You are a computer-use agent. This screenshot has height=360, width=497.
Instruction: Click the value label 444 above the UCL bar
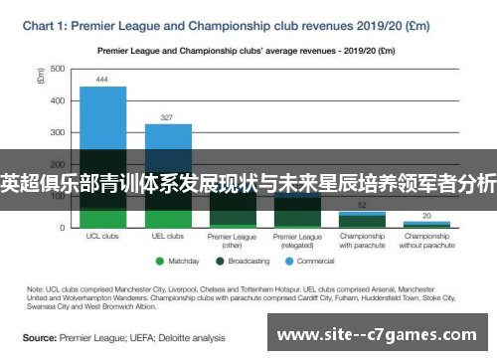[102, 79]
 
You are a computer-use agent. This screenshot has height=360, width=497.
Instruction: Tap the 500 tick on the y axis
[58, 69]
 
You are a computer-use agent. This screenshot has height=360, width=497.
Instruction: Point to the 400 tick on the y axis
[58, 100]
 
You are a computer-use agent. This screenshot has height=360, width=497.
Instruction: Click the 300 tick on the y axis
[58, 132]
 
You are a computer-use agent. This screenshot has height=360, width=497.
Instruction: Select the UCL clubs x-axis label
[102, 237]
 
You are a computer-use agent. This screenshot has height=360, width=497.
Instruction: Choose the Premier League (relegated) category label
[297, 241]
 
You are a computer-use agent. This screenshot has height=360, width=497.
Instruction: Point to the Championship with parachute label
[362, 241]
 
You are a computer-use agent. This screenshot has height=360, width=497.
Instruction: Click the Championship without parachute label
[426, 241]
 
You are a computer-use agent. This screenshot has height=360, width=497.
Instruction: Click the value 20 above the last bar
[426, 215]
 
